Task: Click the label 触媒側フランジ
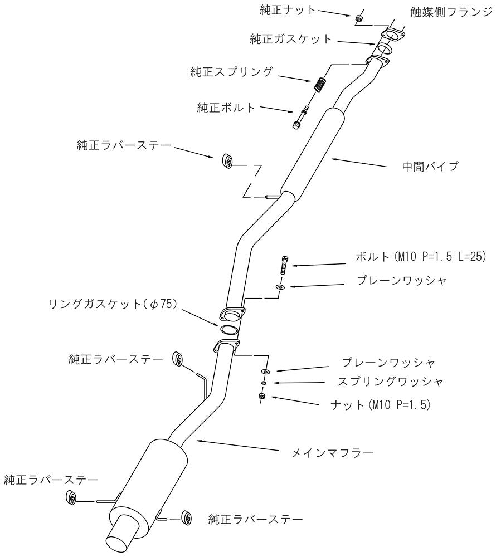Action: pos(451,13)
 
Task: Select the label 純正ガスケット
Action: pos(291,39)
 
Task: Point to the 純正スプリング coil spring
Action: pos(320,85)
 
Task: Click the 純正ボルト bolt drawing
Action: pos(300,117)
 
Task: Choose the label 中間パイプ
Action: pos(430,166)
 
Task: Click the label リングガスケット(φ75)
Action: pos(113,304)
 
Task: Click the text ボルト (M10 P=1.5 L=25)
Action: pos(421,256)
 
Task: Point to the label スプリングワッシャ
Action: pos(391,382)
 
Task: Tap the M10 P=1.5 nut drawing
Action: pos(262,397)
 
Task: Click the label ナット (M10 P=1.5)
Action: pos(381,404)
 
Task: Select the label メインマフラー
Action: pos(333,453)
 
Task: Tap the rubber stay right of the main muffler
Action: pos(186,518)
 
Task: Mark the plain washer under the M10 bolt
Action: pos(280,287)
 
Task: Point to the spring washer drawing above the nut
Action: pos(264,383)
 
